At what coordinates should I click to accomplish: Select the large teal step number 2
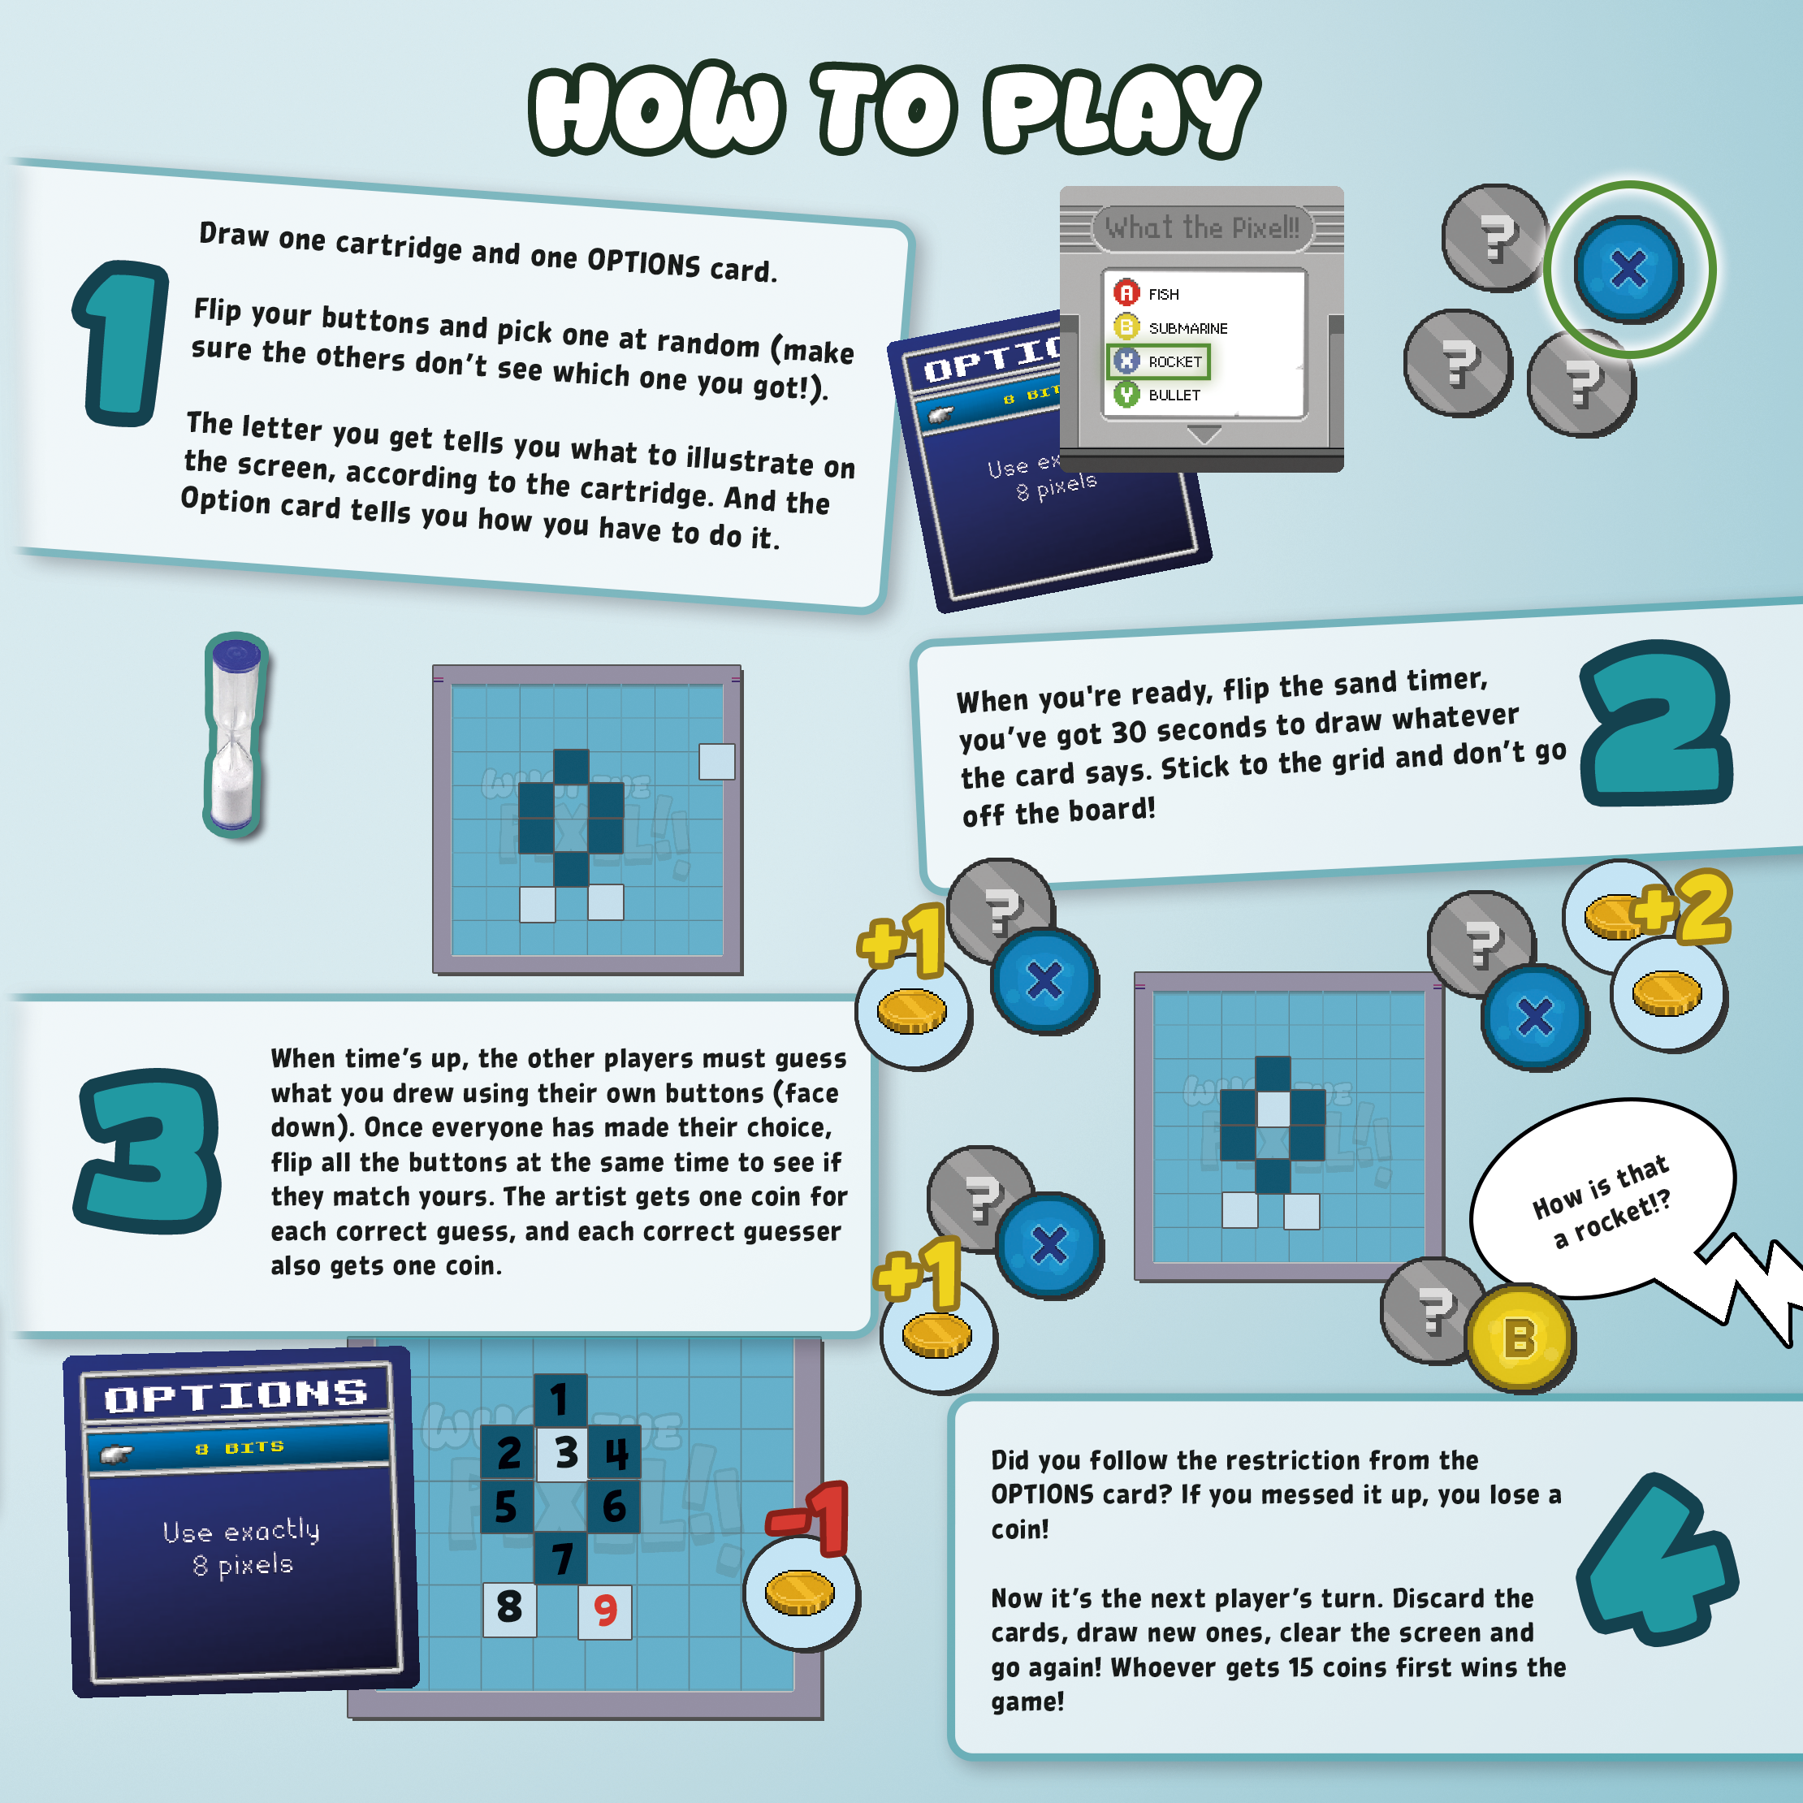click(x=1655, y=724)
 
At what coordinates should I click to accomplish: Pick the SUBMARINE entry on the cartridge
click(x=1171, y=326)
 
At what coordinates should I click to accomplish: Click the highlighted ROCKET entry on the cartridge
click(x=1158, y=361)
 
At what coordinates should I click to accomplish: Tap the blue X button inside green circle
click(x=1628, y=270)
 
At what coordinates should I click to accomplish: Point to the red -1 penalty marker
click(x=808, y=1520)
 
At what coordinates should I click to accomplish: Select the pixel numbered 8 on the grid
click(x=509, y=1609)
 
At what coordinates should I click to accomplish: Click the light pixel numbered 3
click(x=563, y=1453)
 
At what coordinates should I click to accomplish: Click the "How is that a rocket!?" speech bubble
click(x=1601, y=1200)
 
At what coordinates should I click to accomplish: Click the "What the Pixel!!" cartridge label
click(x=1202, y=227)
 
